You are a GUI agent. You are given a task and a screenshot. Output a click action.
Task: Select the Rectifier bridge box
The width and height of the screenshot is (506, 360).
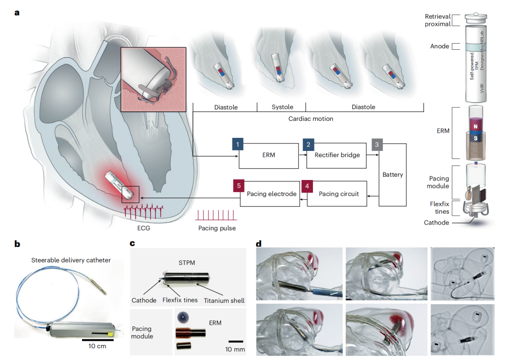[337, 155]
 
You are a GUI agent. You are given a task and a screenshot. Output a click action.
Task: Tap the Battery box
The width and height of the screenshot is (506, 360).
[393, 174]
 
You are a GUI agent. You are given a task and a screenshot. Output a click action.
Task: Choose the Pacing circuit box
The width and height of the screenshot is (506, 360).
[338, 194]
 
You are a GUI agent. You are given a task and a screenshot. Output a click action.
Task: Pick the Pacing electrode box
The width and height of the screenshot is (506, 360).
[271, 194]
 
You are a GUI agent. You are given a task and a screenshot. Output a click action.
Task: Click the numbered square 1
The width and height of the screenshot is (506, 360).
[238, 144]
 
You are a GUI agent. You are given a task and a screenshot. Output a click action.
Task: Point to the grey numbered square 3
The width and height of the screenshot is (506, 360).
[376, 144]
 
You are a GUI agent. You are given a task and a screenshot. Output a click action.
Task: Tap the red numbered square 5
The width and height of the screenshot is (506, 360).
[238, 186]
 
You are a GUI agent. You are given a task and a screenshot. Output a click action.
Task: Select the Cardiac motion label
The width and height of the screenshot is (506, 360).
[311, 119]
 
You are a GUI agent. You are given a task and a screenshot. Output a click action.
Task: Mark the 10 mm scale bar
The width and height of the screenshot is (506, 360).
[236, 341]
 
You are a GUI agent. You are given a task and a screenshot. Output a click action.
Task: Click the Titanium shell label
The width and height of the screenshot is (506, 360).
[224, 300]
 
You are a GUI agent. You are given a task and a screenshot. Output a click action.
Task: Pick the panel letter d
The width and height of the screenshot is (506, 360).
[259, 243]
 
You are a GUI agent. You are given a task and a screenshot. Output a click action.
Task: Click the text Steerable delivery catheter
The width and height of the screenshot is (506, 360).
[71, 260]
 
